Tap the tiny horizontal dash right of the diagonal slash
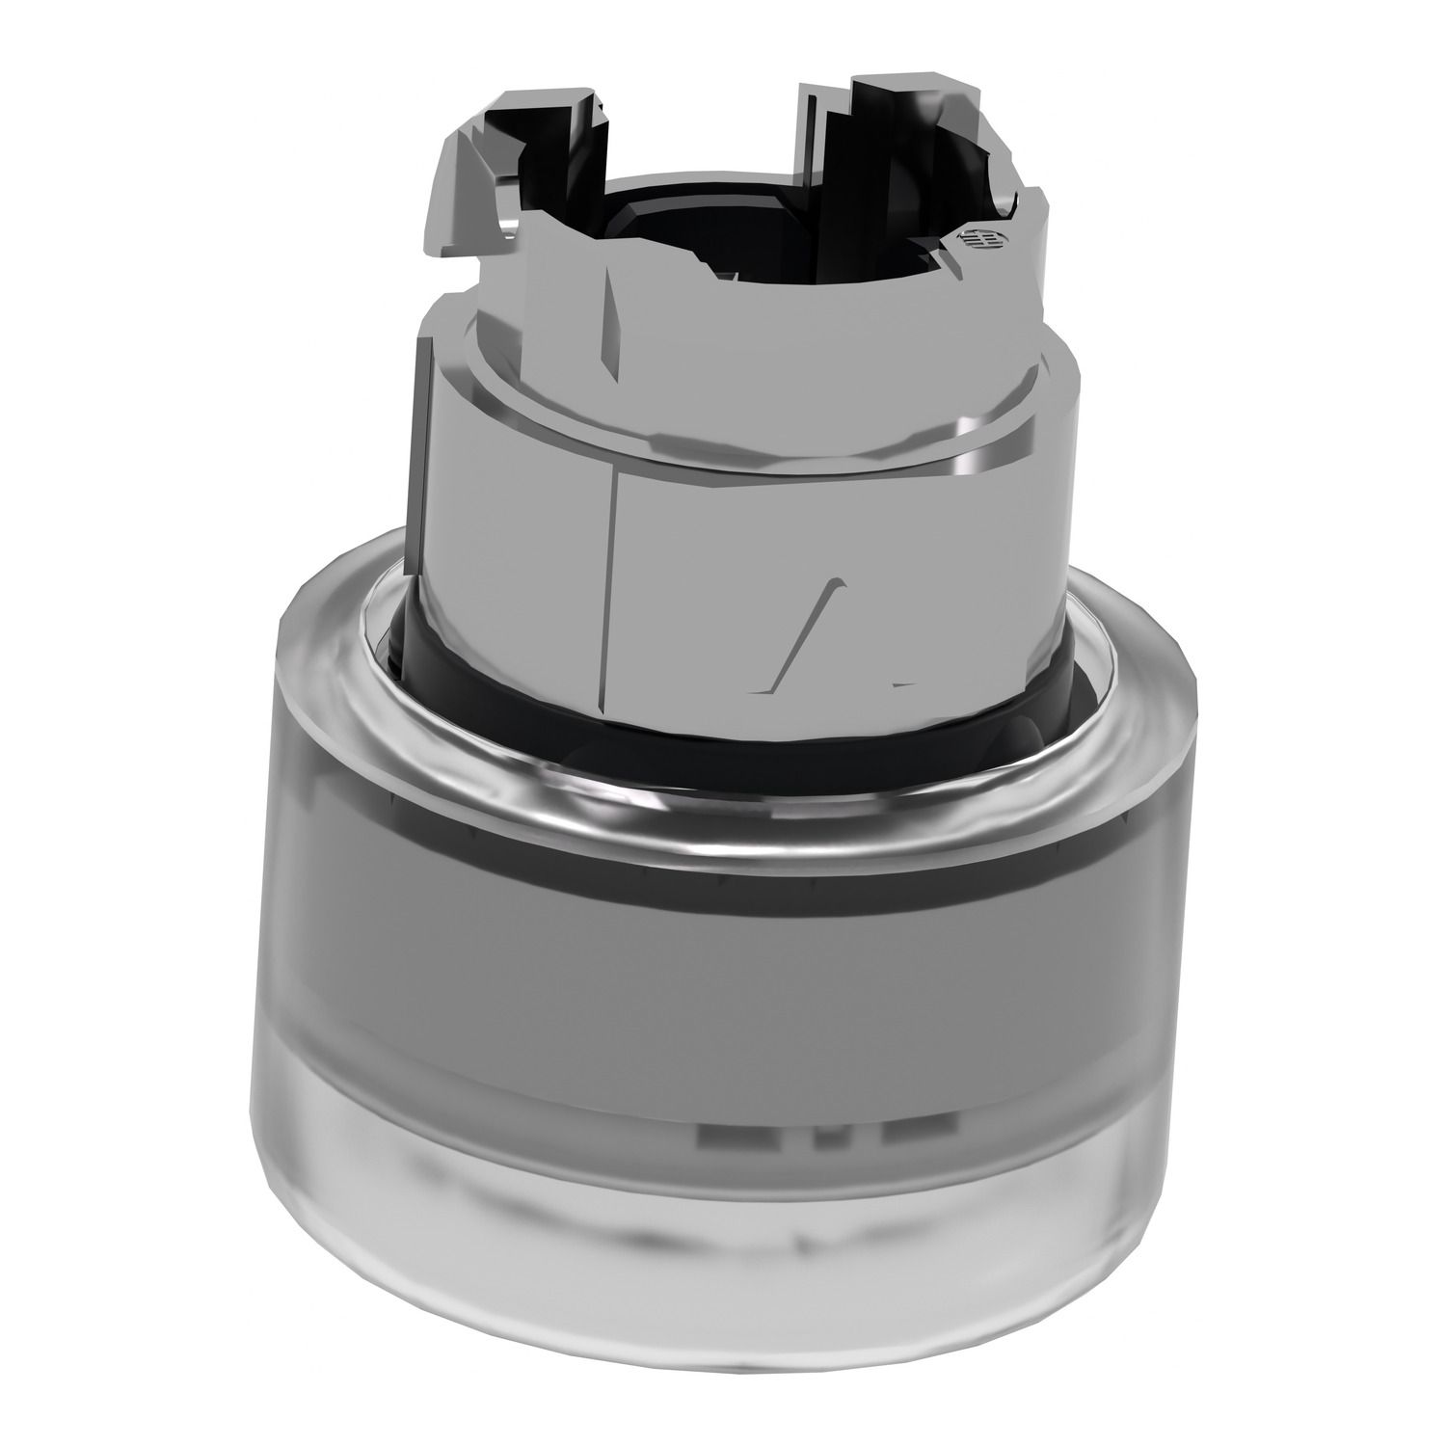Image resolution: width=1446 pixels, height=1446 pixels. [901, 684]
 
